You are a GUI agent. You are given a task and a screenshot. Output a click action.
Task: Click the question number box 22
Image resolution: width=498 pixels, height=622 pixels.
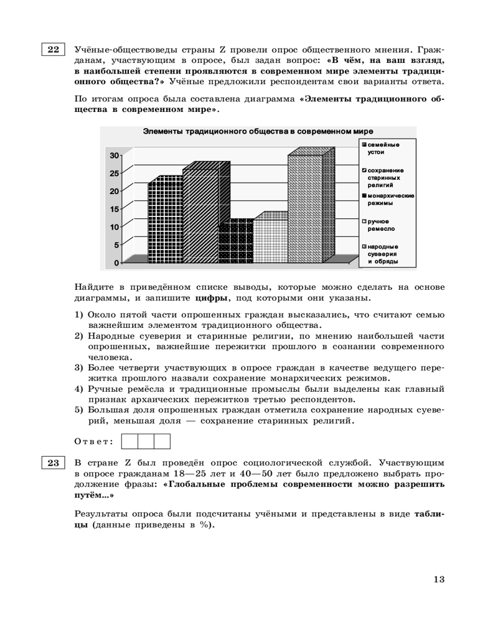(x=53, y=49)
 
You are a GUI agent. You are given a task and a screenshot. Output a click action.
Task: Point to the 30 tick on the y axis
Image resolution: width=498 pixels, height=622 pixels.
(x=115, y=155)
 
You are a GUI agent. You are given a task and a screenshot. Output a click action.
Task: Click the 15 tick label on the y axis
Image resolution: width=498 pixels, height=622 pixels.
(x=115, y=209)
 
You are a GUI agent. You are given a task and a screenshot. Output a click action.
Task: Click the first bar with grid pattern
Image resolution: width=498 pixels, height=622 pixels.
(x=164, y=221)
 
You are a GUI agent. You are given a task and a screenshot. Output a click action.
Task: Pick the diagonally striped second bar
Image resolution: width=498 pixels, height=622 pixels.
(x=200, y=215)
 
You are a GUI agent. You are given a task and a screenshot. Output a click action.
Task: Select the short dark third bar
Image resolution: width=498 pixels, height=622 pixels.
(x=235, y=243)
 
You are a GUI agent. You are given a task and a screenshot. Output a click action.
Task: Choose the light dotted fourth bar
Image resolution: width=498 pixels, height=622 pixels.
(x=270, y=239)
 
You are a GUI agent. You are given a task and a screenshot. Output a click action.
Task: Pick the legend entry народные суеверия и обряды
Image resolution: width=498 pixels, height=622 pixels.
(x=383, y=254)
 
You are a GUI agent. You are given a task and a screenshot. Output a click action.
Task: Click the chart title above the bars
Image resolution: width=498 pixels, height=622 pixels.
(x=258, y=132)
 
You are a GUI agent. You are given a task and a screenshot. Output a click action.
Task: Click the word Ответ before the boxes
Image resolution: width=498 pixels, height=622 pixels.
(x=93, y=442)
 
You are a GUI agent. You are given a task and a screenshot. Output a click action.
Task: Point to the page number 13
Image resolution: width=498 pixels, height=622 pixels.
(x=439, y=580)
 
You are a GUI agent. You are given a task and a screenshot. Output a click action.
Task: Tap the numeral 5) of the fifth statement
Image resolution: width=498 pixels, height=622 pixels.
(x=79, y=410)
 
